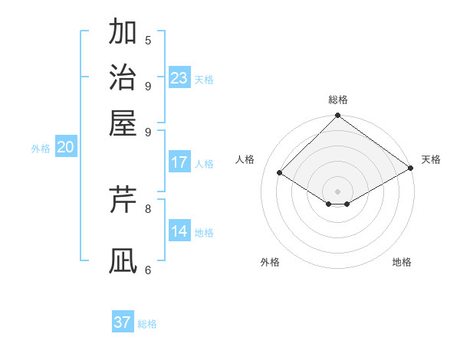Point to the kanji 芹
(123, 199)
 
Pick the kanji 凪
(123, 260)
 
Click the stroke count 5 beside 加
(148, 41)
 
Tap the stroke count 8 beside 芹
(148, 208)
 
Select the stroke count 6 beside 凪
(148, 270)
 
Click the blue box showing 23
(179, 77)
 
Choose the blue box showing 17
(179, 162)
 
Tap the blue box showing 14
(179, 231)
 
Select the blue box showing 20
(65, 148)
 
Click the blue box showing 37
(123, 322)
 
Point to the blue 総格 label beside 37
(148, 324)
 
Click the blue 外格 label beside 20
(41, 149)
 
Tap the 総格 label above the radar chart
(338, 100)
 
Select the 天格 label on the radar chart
(432, 159)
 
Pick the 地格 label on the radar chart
(402, 262)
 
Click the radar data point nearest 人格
(280, 173)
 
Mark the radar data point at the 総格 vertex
(337, 116)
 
